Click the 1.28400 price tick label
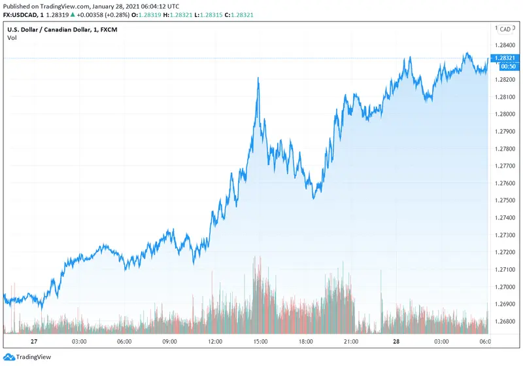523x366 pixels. click(505, 45)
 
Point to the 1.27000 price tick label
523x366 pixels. click(505, 287)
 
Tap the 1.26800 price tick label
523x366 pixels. click(505, 321)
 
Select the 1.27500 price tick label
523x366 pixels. click(505, 200)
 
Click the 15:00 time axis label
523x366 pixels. click(260, 341)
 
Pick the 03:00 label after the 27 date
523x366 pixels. click(79, 341)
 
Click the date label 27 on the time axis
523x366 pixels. click(33, 341)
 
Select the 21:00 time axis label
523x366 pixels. click(350, 341)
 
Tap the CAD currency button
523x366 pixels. click(505, 29)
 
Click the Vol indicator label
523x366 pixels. click(12, 38)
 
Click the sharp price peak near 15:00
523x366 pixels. click(258, 78)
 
